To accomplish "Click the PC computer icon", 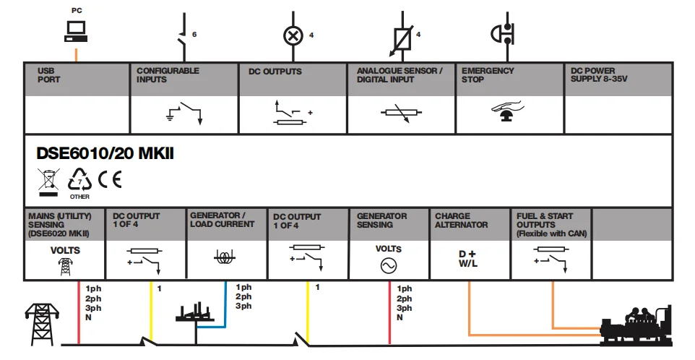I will [75, 30].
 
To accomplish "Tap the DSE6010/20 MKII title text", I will [105, 155].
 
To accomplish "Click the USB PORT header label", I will [49, 75].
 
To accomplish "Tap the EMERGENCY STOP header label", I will [488, 75].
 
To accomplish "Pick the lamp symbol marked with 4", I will [292, 35].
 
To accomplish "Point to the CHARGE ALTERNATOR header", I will [461, 220].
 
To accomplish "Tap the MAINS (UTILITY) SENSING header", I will [58, 224].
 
